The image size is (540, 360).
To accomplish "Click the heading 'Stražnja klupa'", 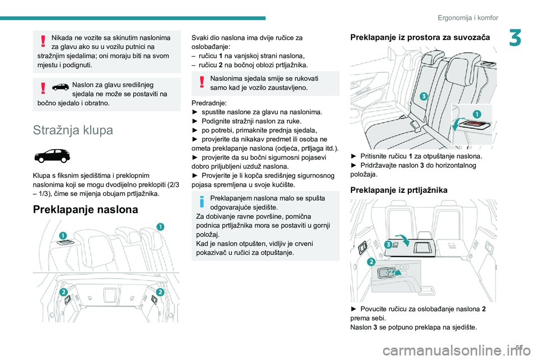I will tap(74, 130).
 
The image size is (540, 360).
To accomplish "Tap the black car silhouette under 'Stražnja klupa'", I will tap(51, 155).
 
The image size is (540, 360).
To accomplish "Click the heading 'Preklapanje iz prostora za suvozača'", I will tap(419, 37).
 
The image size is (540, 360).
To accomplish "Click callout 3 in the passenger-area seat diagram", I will tap(422, 97).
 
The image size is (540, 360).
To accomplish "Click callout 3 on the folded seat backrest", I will tap(388, 245).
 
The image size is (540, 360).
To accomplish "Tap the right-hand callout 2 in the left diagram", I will tap(160, 291).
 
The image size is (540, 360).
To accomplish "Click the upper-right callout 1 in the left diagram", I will tap(160, 226).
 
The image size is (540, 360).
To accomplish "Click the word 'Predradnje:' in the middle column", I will tap(209, 103).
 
